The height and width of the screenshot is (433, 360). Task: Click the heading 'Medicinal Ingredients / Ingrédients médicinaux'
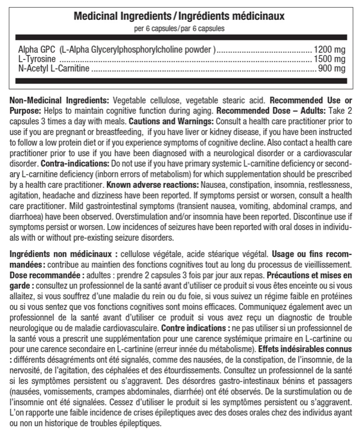point(179,15)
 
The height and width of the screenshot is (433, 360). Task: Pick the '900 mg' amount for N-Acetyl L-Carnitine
point(331,68)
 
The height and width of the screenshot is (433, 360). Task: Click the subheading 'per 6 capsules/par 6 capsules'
point(179,28)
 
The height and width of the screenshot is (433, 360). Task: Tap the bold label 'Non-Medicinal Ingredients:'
point(60,101)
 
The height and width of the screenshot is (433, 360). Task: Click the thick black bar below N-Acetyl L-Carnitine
point(179,81)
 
